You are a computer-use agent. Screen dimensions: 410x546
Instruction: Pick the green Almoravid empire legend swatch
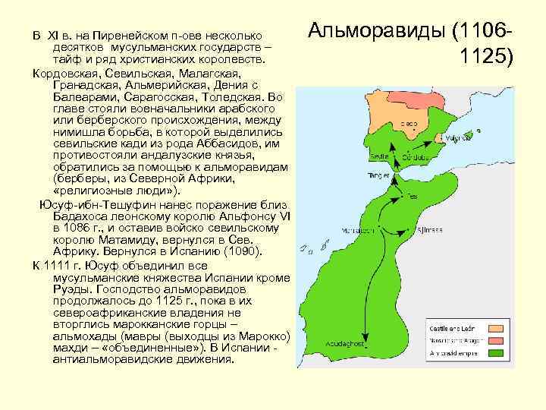[496, 354]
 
